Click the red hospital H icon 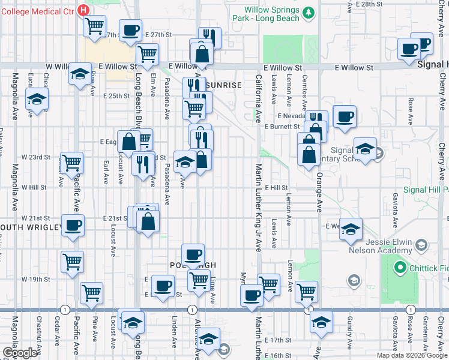(83, 10)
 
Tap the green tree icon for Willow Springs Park (309, 13)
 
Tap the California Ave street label (259, 96)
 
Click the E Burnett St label (282, 127)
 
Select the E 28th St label (369, 4)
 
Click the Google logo (19, 353)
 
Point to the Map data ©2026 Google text (412, 355)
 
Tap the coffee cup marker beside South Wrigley (73, 227)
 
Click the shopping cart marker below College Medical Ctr (94, 26)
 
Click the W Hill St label (34, 188)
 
